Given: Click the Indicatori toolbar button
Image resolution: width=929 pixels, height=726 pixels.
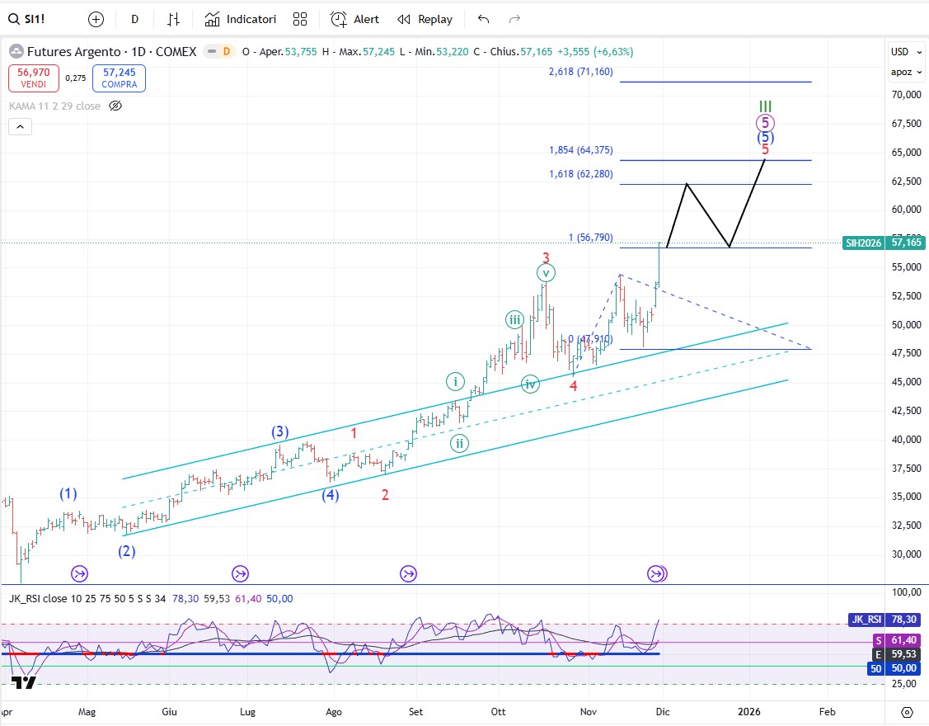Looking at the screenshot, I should [241, 19].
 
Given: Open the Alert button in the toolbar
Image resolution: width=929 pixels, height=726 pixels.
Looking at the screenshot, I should [354, 19].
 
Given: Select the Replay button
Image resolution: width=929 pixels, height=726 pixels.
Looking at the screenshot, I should [425, 19].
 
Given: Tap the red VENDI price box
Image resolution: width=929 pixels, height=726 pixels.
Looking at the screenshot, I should [34, 78].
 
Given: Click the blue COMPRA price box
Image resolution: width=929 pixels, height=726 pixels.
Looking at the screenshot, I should [120, 78].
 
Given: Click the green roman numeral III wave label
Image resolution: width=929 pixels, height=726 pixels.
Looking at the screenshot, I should [765, 107].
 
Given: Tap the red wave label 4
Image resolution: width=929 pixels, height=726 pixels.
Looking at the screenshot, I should [573, 385].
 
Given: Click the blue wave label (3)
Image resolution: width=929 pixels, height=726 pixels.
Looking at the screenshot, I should [280, 431].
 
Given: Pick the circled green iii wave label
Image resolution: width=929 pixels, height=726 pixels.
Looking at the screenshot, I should [514, 321].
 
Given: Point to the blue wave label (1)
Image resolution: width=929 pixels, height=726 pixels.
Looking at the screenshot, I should [68, 493].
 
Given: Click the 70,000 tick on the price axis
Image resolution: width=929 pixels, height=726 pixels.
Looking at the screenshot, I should [905, 95].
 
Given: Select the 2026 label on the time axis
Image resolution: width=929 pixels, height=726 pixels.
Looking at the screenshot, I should [748, 711].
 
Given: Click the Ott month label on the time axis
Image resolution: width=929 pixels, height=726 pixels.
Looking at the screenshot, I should [497, 711].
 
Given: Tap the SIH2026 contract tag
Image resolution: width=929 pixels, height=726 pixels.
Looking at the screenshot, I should [864, 243].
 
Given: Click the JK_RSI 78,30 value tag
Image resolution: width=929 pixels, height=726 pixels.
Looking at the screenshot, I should [884, 620].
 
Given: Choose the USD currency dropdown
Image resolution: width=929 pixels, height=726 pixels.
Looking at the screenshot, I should [902, 52].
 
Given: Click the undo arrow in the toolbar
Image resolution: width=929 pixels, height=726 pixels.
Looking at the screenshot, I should [483, 19].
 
